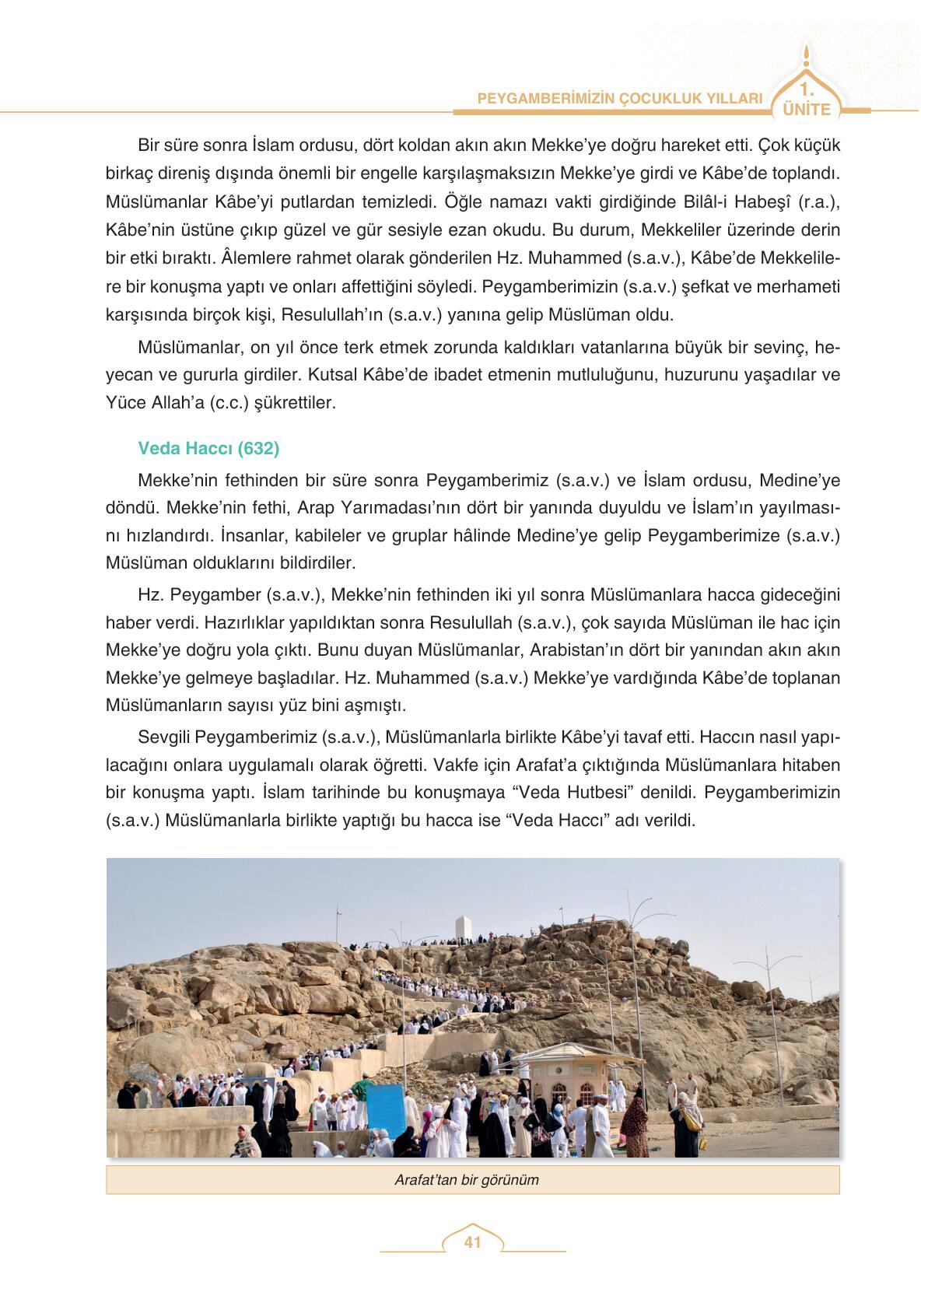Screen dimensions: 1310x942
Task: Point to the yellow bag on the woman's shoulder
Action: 691,1120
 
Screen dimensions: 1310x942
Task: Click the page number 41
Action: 472,1242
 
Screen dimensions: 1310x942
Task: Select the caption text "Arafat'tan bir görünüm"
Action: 467,1179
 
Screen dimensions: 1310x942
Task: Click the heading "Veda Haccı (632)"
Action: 208,448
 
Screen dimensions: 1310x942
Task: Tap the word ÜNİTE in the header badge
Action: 807,110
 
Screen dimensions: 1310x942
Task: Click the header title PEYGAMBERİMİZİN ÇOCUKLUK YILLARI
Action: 619,99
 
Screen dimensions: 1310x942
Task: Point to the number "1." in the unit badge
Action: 807,88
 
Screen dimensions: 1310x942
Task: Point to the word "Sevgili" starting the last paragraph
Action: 163,736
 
